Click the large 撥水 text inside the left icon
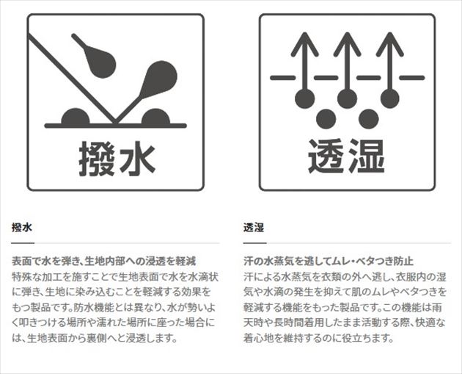click(117, 159)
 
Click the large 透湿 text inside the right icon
click(346, 157)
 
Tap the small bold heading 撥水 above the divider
click(21, 228)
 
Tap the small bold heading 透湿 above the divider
click(254, 228)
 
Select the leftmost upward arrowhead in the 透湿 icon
click(304, 44)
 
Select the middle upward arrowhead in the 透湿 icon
click(348, 44)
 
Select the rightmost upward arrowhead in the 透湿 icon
click(390, 44)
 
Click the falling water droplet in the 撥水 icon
click(99, 60)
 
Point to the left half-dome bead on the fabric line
click(76, 117)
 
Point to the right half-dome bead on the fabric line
click(156, 117)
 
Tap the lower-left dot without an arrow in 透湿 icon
click(326, 119)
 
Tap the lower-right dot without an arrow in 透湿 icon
click(369, 119)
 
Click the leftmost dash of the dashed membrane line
click(283, 78)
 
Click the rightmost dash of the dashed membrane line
click(412, 78)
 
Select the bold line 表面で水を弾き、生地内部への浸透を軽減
click(103, 262)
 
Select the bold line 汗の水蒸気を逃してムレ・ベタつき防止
click(329, 262)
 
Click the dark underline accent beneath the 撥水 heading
click(23, 243)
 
